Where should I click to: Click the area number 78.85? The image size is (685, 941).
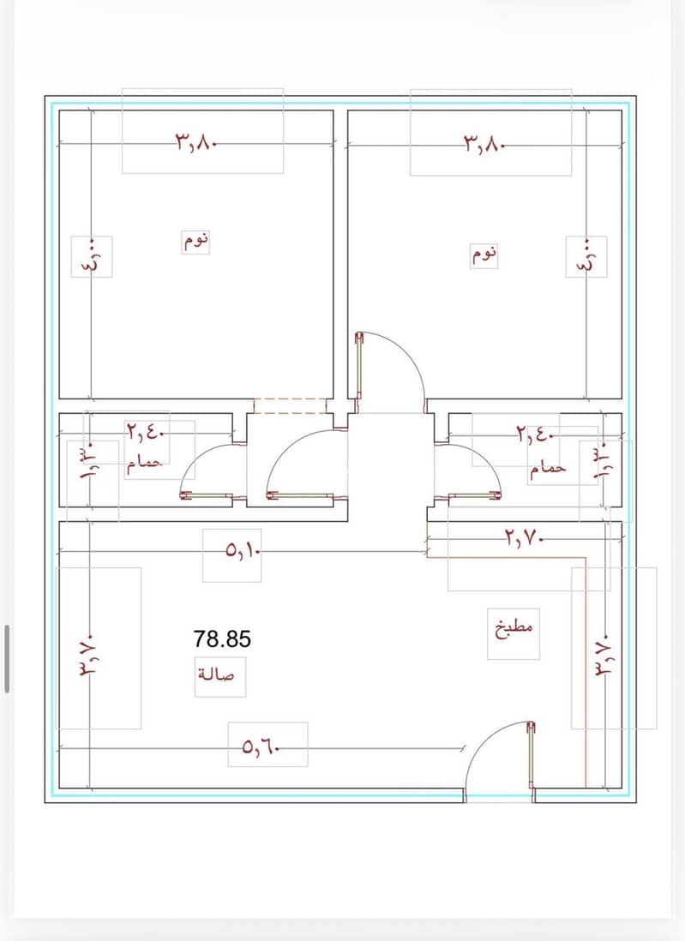pos(222,638)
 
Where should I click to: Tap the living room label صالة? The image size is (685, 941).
pos(216,674)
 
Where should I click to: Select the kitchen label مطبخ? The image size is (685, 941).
pos(514,630)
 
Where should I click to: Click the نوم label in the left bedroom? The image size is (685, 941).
pos(196,242)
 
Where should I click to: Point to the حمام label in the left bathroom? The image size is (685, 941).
pos(145,465)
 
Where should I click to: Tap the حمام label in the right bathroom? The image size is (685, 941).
pos(548,467)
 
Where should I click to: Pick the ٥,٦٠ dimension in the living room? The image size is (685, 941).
pos(261,747)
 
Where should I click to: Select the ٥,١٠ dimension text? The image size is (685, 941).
pos(243,549)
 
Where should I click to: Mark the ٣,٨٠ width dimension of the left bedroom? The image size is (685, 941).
pos(195,143)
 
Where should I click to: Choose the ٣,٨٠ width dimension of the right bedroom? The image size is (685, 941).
pos(484,143)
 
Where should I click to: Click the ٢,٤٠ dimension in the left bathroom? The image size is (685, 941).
pos(146,431)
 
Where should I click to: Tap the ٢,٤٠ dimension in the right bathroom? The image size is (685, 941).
pos(536,434)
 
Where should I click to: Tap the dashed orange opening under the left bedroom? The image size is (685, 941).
pos(290,405)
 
